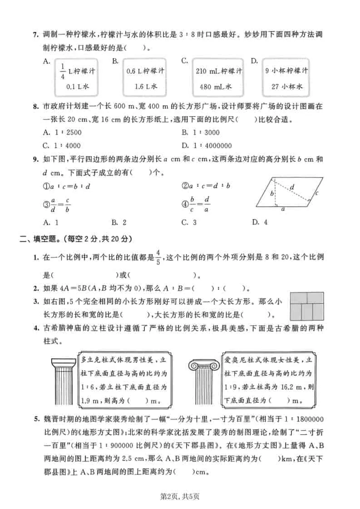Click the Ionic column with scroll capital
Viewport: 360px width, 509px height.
pos(204,381)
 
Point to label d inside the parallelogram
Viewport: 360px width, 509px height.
pos(291,186)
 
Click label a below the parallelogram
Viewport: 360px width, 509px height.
pos(282,210)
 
